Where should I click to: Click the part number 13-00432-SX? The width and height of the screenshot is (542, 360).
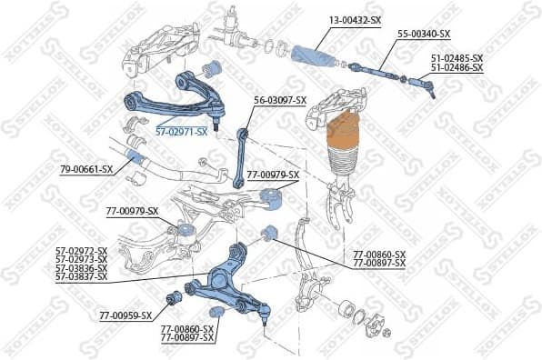(x=356, y=19)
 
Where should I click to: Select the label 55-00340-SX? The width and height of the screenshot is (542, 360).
(x=424, y=35)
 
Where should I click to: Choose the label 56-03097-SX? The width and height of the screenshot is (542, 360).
(x=280, y=100)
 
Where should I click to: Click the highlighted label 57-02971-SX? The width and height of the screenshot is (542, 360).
(x=181, y=131)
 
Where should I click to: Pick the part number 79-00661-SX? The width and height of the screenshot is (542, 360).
(x=86, y=169)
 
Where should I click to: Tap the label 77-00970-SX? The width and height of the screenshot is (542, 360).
(x=132, y=210)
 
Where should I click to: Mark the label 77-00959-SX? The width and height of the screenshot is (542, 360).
(x=125, y=316)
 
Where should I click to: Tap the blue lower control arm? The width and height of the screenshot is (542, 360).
(x=227, y=277)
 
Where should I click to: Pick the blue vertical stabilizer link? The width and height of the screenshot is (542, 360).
(x=242, y=158)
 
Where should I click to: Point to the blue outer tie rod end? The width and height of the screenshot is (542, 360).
(x=423, y=84)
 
